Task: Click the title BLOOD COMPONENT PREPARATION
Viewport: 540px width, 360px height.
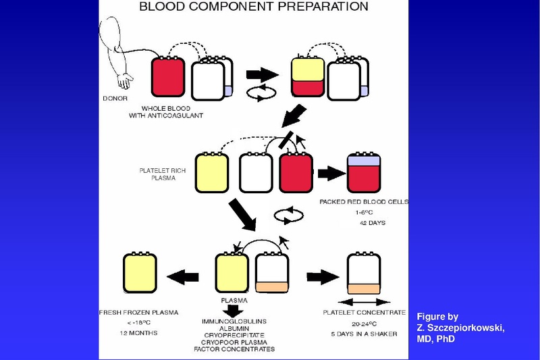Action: point(253,7)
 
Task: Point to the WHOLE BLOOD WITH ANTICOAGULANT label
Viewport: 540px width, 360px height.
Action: point(173,112)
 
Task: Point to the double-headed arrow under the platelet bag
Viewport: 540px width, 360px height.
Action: point(363,301)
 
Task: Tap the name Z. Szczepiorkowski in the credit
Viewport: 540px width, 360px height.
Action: point(460,328)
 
